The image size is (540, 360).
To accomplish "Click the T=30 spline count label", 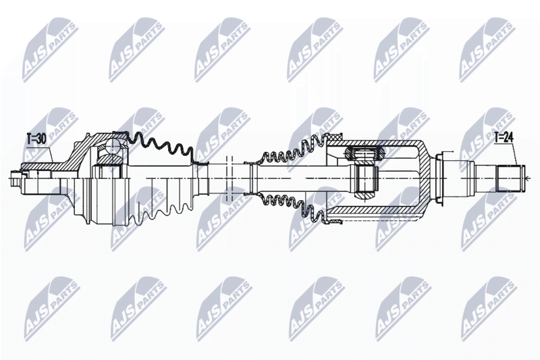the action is coord(36,139).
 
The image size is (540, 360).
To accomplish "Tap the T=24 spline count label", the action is coord(504,138).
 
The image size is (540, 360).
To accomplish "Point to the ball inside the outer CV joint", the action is coord(113,147).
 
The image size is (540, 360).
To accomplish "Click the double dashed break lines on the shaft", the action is coord(230,178).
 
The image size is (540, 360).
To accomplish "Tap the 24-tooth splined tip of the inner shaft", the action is coord(511,178).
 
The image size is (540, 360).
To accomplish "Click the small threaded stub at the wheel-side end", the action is coord(16,178).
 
